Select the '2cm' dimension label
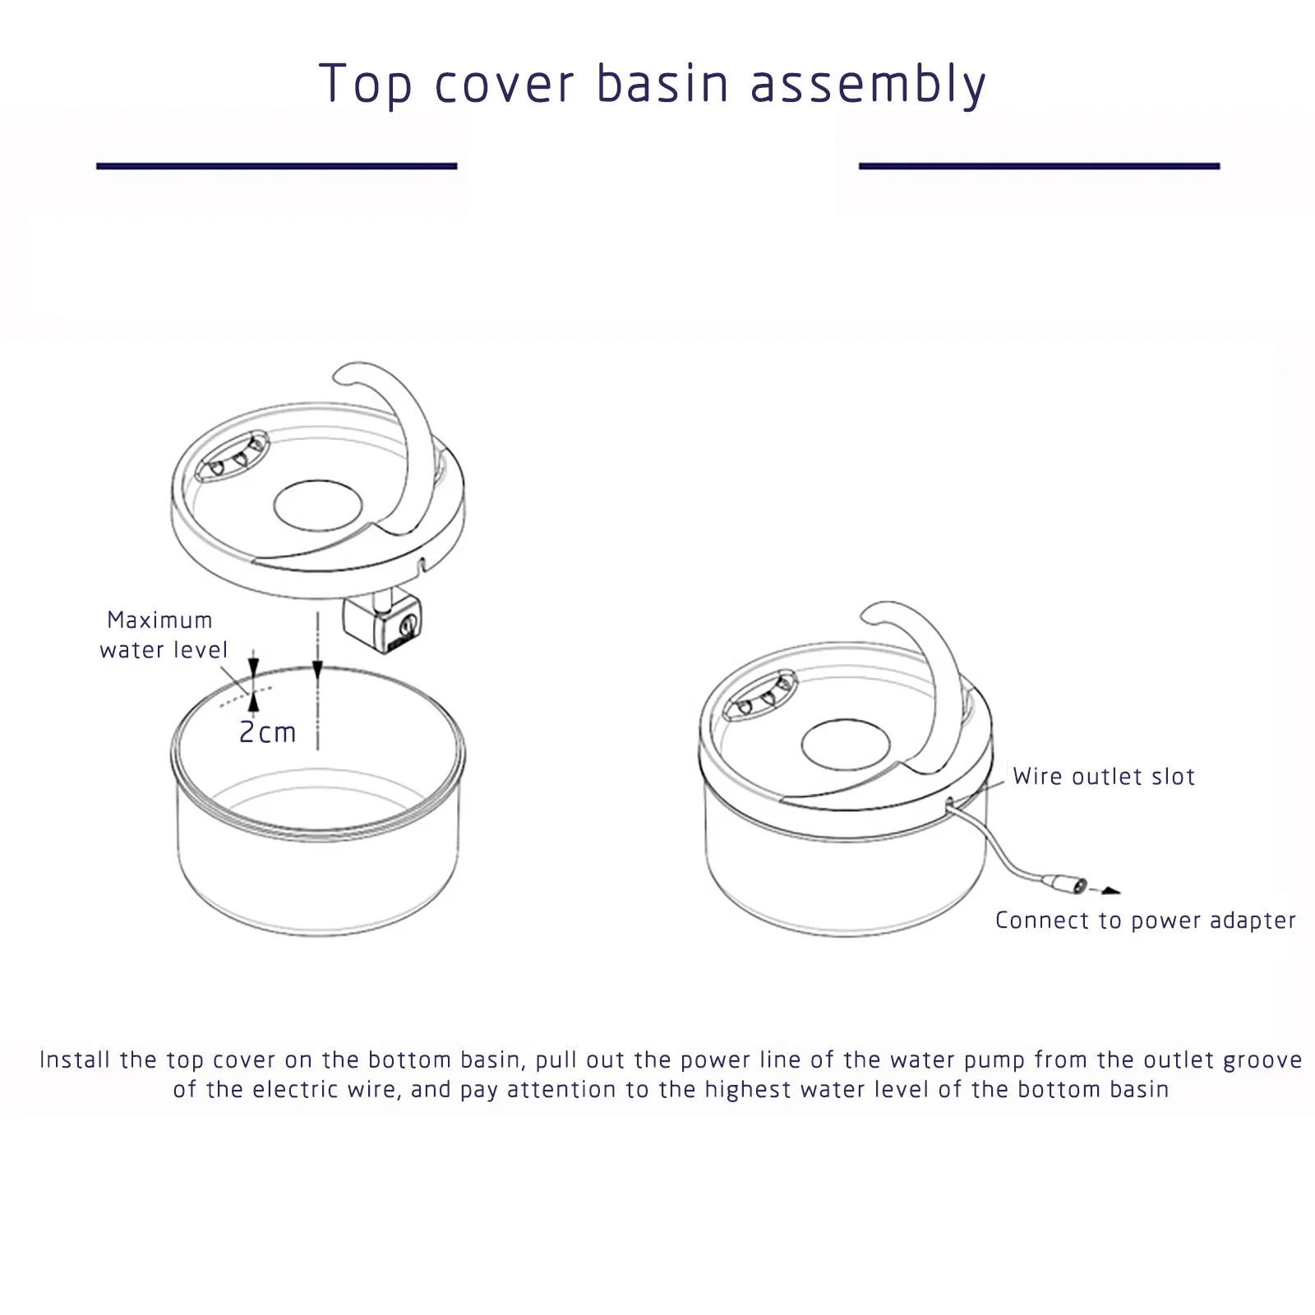pyautogui.click(x=267, y=732)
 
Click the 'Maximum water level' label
pyautogui.click(x=163, y=634)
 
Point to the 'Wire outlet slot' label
pyautogui.click(x=1104, y=777)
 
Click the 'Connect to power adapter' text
pyautogui.click(x=1145, y=920)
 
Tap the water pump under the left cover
pyautogui.click(x=383, y=624)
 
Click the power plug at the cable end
pyautogui.click(x=1064, y=884)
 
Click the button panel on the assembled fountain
pyautogui.click(x=760, y=695)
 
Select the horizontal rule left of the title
pyautogui.click(x=276, y=166)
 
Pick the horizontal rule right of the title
pyautogui.click(x=1039, y=166)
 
